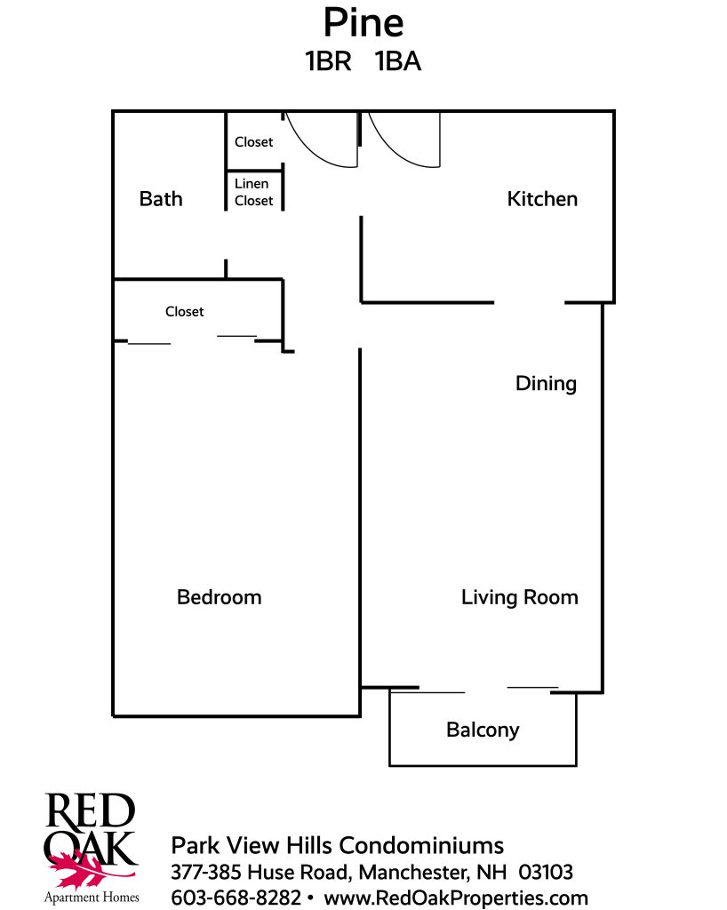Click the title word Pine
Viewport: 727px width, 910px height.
(x=363, y=22)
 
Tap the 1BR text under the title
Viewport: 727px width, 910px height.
(x=329, y=61)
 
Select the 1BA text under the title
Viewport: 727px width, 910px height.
(x=398, y=61)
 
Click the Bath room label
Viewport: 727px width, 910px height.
(x=161, y=199)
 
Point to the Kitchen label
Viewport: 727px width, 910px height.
(x=542, y=199)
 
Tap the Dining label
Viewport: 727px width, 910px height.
(x=546, y=384)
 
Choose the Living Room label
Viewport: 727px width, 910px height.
(x=519, y=597)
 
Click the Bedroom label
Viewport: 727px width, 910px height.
(x=219, y=597)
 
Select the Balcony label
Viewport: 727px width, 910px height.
(x=483, y=730)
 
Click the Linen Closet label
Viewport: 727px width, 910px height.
(x=253, y=192)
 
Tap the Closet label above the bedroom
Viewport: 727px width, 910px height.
(x=185, y=312)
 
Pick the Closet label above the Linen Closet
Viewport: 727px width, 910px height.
(x=253, y=142)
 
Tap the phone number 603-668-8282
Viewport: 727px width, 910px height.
(x=236, y=898)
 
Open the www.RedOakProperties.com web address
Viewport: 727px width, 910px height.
(x=455, y=898)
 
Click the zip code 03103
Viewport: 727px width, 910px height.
(x=546, y=872)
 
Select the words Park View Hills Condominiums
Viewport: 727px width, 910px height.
(x=337, y=846)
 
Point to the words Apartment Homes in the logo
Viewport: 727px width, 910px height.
(x=92, y=898)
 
